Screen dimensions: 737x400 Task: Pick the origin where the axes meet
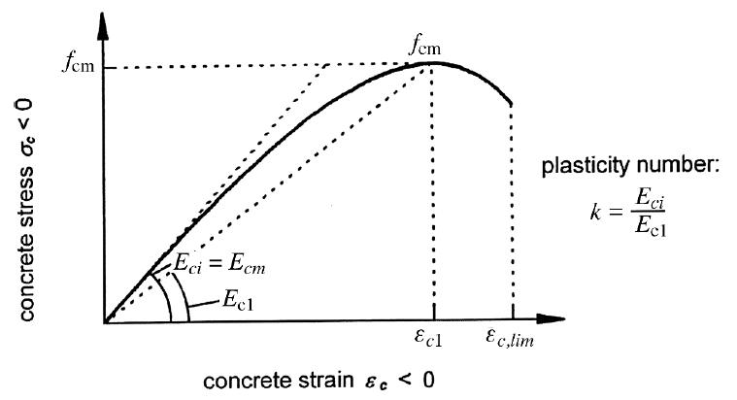(103, 320)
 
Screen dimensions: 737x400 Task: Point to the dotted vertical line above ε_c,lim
(512, 214)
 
